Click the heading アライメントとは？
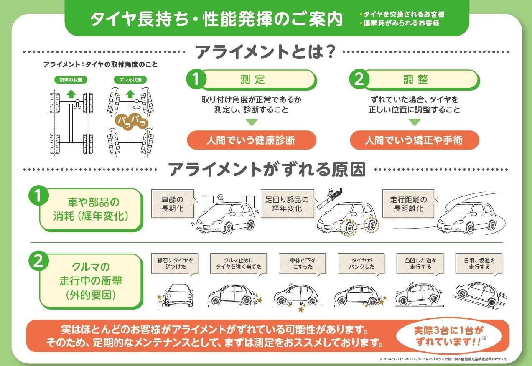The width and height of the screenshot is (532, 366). pyautogui.click(x=265, y=51)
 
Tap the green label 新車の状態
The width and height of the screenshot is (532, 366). pyautogui.click(x=71, y=80)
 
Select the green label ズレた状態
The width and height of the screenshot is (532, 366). pyautogui.click(x=130, y=80)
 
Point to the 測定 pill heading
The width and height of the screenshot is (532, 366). pyautogui.click(x=252, y=80)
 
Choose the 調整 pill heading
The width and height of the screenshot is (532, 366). pyautogui.click(x=415, y=80)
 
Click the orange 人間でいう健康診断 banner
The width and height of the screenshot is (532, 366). pyautogui.click(x=252, y=140)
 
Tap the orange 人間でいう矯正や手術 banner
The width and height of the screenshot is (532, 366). pyautogui.click(x=415, y=140)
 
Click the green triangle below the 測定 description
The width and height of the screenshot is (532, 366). pyautogui.click(x=252, y=122)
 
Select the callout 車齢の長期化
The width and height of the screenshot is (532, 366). pyautogui.click(x=173, y=204)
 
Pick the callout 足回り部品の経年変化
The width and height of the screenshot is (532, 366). pyautogui.click(x=288, y=204)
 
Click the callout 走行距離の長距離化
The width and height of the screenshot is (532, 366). pyautogui.click(x=408, y=204)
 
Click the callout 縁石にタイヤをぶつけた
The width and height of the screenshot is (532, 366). pyautogui.click(x=175, y=264)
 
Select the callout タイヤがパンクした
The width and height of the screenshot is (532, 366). pyautogui.click(x=361, y=264)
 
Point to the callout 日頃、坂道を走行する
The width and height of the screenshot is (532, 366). pyautogui.click(x=479, y=264)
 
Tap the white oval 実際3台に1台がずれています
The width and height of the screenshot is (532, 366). pyautogui.click(x=449, y=336)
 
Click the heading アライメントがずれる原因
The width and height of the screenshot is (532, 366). pyautogui.click(x=267, y=169)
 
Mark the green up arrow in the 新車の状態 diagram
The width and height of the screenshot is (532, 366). pyautogui.click(x=71, y=94)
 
